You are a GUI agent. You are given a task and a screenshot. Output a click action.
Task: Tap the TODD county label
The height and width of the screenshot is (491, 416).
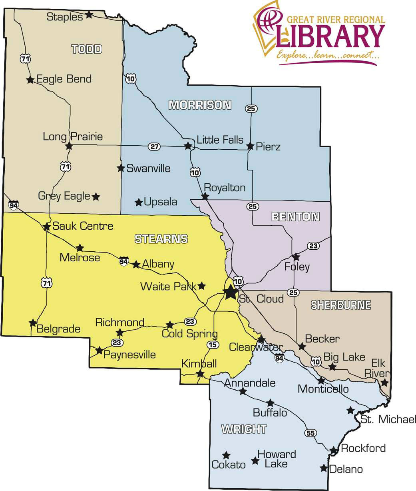pyautogui.click(x=87, y=49)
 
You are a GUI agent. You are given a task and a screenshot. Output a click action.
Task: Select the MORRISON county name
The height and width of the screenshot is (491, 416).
pyautogui.click(x=200, y=105)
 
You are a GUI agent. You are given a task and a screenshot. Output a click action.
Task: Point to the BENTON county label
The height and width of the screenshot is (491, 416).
pyautogui.click(x=295, y=216)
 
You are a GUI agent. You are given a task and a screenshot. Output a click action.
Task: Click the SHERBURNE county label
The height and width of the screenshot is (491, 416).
pyautogui.click(x=341, y=305)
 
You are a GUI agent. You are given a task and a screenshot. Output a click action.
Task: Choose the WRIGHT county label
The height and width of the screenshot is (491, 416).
pyautogui.click(x=244, y=429)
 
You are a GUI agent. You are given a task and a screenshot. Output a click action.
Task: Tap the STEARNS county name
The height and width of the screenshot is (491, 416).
pyautogui.click(x=161, y=239)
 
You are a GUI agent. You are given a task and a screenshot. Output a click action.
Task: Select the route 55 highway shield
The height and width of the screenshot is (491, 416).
pyautogui.click(x=309, y=433)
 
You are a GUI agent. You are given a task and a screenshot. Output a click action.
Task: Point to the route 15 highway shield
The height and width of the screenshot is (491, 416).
pyautogui.click(x=213, y=345)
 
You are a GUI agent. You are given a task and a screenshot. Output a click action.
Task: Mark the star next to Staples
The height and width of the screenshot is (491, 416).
pyautogui.click(x=89, y=14)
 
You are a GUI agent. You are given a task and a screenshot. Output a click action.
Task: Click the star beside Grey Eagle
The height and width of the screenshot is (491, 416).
pyautogui.click(x=96, y=196)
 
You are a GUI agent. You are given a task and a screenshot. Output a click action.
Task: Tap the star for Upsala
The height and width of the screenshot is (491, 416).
pyautogui.click(x=139, y=202)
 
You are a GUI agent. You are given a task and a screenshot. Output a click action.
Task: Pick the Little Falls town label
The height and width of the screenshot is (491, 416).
pyautogui.click(x=220, y=140)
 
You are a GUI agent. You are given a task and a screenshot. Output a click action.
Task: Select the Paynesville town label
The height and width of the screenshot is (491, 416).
pyautogui.click(x=129, y=355)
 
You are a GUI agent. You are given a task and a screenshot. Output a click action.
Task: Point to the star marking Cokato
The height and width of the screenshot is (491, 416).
pyautogui.click(x=226, y=455)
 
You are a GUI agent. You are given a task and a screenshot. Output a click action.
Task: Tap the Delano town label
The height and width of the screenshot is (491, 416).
pyautogui.click(x=346, y=469)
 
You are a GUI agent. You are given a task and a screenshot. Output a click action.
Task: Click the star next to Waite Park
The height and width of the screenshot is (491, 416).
pyautogui.click(x=202, y=286)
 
